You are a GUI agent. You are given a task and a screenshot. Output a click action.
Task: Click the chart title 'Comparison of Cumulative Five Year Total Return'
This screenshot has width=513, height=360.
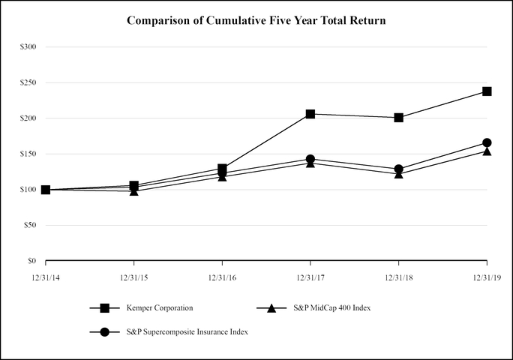(x=256, y=20)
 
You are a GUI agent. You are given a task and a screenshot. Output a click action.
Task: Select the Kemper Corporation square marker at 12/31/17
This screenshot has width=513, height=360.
(x=310, y=114)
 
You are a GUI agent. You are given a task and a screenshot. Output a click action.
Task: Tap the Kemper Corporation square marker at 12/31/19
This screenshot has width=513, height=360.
(x=487, y=91)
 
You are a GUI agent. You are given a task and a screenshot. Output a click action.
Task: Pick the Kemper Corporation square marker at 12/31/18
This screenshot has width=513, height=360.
(x=399, y=118)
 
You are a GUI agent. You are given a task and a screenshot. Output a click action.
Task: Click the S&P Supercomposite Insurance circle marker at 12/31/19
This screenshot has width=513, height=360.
(x=487, y=142)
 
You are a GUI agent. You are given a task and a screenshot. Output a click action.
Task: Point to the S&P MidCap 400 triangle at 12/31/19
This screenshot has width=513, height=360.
(x=487, y=151)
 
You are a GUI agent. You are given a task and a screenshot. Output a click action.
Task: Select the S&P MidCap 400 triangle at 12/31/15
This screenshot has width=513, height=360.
(x=134, y=190)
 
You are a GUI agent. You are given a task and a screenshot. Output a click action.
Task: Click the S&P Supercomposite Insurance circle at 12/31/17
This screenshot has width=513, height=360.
(x=310, y=159)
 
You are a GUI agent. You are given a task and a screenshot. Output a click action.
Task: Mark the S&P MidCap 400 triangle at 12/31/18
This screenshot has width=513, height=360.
(x=399, y=173)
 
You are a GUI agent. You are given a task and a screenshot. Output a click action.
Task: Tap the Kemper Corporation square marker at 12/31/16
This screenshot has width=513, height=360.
(x=223, y=169)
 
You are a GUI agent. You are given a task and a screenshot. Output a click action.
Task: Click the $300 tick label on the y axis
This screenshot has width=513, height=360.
(x=28, y=46)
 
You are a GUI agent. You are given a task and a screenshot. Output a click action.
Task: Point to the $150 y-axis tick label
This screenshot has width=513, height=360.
(x=28, y=154)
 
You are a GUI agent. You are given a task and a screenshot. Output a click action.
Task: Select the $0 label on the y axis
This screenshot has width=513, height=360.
(x=31, y=261)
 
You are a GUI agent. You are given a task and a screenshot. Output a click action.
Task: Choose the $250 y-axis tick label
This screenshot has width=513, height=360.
(x=28, y=82)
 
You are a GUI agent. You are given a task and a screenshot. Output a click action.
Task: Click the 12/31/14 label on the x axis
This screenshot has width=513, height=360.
(x=46, y=277)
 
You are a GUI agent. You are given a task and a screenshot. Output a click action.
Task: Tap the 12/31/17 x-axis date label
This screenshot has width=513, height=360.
(x=310, y=277)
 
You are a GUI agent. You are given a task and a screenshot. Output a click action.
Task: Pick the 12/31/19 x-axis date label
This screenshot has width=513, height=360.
(x=487, y=277)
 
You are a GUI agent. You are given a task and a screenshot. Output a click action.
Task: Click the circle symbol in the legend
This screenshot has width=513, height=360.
(x=105, y=332)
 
